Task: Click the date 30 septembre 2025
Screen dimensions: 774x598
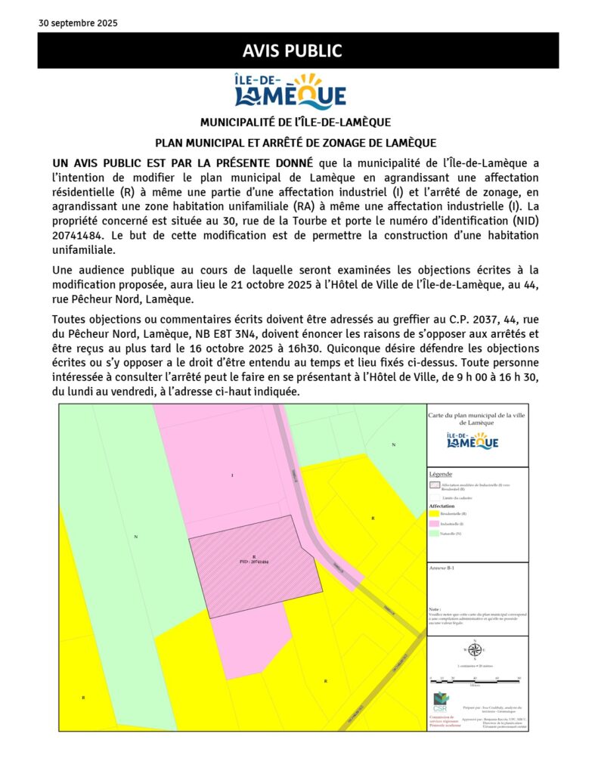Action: pyautogui.click(x=78, y=23)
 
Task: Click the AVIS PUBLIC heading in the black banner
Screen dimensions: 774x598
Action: pyautogui.click(x=293, y=51)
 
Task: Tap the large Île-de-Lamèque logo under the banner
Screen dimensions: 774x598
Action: pyautogui.click(x=290, y=91)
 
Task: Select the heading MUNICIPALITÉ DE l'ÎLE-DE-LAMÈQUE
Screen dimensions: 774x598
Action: pyautogui.click(x=296, y=122)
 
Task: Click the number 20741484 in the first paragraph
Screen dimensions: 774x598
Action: pyautogui.click(x=80, y=235)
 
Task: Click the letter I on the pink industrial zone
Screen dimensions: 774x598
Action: pyautogui.click(x=232, y=475)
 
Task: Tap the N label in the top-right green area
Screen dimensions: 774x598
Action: pyautogui.click(x=393, y=445)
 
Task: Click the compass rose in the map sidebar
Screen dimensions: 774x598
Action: pyautogui.click(x=474, y=650)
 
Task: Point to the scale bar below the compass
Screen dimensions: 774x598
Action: pyautogui.click(x=475, y=678)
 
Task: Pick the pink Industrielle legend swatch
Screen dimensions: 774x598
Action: pyautogui.click(x=434, y=523)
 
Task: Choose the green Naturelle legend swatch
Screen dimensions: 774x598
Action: pyautogui.click(x=434, y=533)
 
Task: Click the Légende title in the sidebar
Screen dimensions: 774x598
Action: pyautogui.click(x=440, y=474)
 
